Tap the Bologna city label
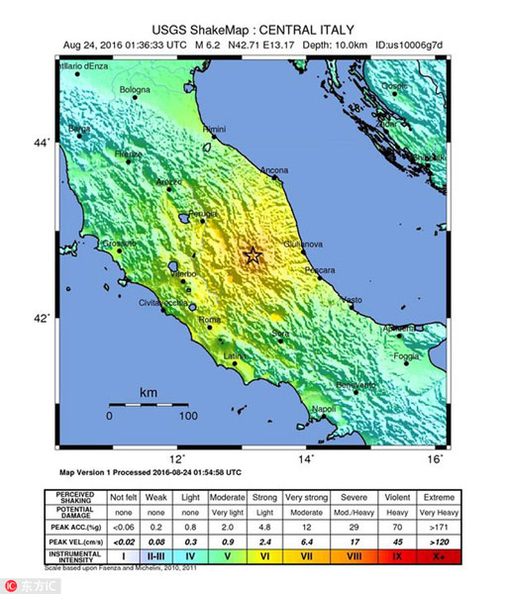[135, 91]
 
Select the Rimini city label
[215, 130]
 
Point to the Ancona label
[274, 171]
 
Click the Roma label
[210, 321]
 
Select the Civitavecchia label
[162, 302]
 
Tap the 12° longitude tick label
[178, 458]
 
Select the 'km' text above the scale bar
[149, 393]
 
